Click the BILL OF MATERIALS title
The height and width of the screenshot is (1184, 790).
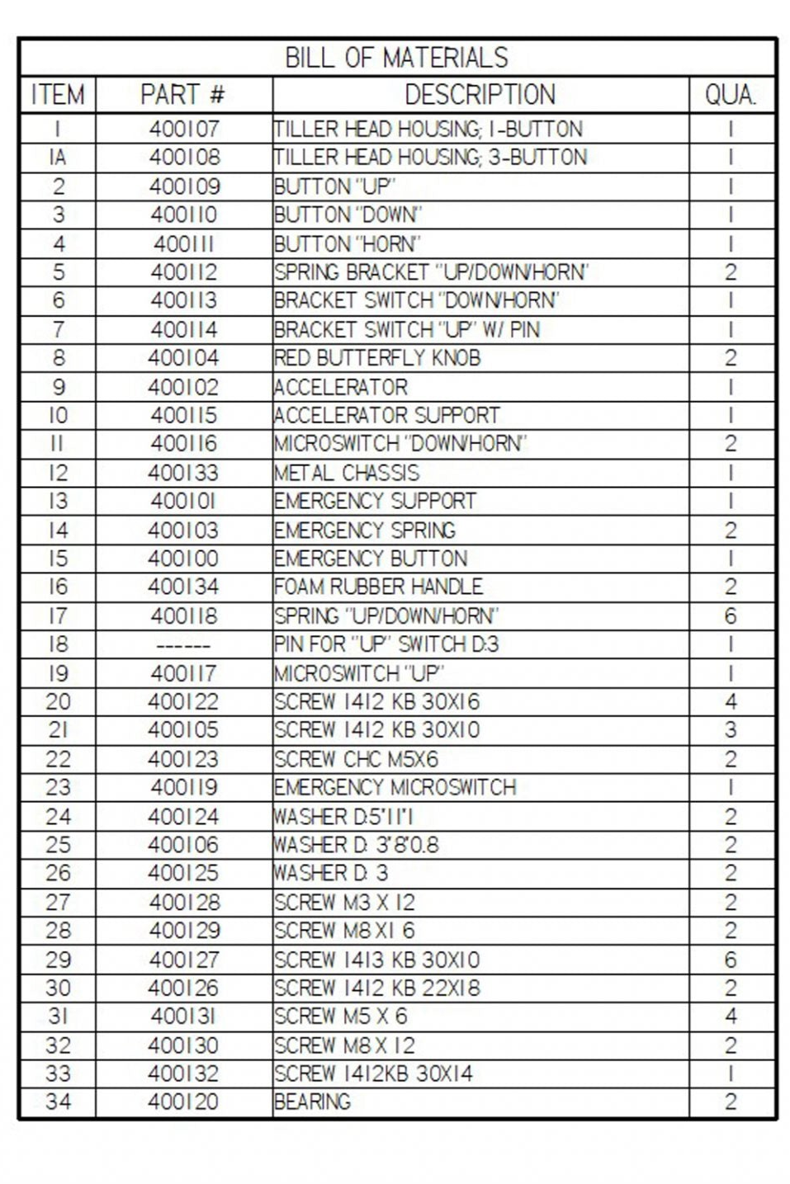tap(396, 58)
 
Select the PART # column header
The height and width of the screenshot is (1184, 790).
tap(183, 95)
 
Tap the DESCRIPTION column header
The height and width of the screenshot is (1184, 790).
tap(480, 95)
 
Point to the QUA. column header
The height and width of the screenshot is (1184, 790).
tap(731, 95)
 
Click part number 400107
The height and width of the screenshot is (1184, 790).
tap(184, 130)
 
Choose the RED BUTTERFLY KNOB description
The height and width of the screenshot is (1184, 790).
tap(377, 358)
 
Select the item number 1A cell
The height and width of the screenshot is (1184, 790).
tap(58, 158)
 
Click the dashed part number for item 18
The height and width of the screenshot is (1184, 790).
tap(184, 645)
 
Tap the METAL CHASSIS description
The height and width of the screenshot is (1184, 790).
tap(347, 473)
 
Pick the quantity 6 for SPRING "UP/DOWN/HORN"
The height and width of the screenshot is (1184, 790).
tap(731, 616)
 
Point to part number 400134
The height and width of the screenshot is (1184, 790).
tap(184, 587)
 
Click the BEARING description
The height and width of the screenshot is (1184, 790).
tap(313, 1102)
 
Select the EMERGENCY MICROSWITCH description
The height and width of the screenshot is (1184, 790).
tap(395, 788)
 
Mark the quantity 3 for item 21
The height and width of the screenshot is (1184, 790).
tap(731, 730)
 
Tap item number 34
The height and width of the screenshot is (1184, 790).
tap(58, 1102)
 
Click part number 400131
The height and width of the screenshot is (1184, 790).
tap(184, 1017)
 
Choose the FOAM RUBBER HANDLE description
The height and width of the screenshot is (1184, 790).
tap(379, 587)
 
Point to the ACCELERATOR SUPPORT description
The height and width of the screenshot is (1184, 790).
tap(387, 416)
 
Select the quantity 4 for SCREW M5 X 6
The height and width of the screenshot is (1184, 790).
tap(731, 1017)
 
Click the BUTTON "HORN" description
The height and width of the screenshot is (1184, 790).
tap(348, 244)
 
